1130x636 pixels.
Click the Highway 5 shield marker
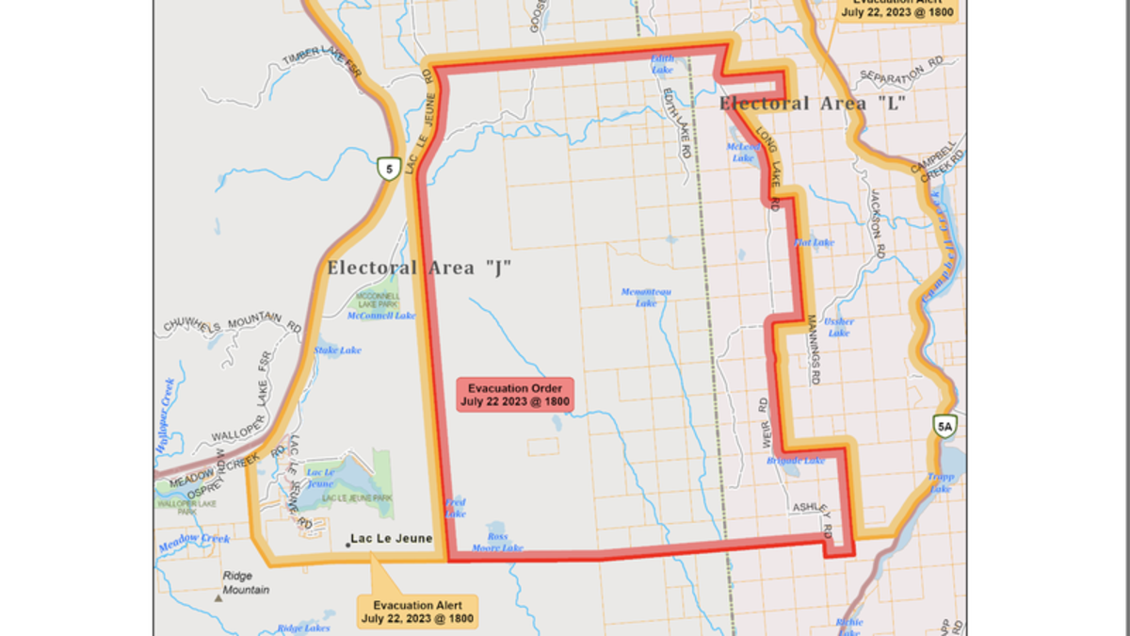tap(387, 168)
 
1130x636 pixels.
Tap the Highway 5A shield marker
tap(946, 427)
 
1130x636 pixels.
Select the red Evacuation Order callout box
tap(515, 395)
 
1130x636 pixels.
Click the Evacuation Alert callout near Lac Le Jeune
tap(417, 612)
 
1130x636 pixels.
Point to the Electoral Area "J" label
tap(419, 268)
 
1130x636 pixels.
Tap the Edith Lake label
tap(663, 63)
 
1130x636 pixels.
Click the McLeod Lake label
tap(743, 153)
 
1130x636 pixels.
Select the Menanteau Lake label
tap(646, 297)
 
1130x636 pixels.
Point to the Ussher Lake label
tap(838, 327)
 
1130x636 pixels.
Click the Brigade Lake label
tap(796, 460)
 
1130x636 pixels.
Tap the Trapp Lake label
tap(941, 482)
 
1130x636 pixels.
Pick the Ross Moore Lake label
tap(497, 542)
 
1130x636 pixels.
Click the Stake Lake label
tap(338, 351)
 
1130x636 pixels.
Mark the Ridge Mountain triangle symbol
tap(218, 596)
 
